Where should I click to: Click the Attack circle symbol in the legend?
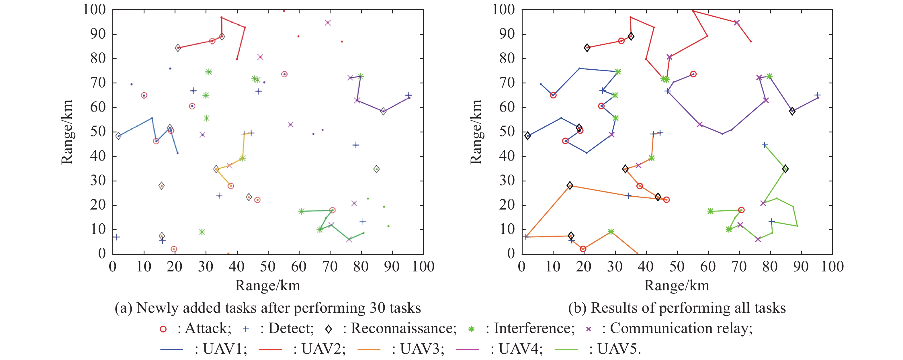coord(163,329)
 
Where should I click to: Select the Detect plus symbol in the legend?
coord(246,329)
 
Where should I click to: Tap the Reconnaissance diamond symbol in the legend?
coord(329,329)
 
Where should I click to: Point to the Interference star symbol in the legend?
coord(472,329)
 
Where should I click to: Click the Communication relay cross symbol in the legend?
coord(589,329)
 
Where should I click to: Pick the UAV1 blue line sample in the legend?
coord(172,349)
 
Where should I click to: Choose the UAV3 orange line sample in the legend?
coord(369,349)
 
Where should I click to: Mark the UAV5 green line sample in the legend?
coord(566,349)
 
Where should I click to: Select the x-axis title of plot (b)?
coord(677,286)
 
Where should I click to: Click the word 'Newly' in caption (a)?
coord(153,308)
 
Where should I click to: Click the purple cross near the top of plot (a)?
coord(328,23)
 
